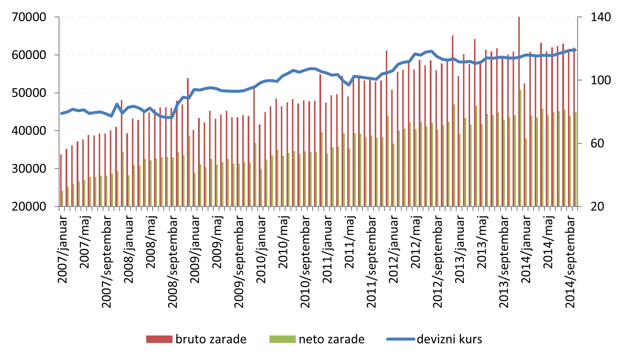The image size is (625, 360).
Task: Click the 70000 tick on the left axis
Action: click(29, 17)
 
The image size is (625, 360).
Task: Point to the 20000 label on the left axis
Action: click(29, 207)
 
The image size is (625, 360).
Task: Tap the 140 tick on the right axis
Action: click(600, 17)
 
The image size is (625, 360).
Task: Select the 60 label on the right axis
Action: click(597, 144)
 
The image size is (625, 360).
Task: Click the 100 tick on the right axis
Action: click(600, 80)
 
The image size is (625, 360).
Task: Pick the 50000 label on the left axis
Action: click(29, 93)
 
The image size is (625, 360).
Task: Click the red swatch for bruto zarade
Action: click(159, 339)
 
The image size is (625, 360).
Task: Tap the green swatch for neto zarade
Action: click(282, 339)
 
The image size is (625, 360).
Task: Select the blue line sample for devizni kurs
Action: click(401, 339)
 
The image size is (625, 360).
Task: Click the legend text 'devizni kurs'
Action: click(449, 339)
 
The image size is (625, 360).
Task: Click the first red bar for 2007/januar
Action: click(61, 180)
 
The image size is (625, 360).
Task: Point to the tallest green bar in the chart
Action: click(521, 148)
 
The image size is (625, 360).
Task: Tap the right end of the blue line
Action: click(575, 50)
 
